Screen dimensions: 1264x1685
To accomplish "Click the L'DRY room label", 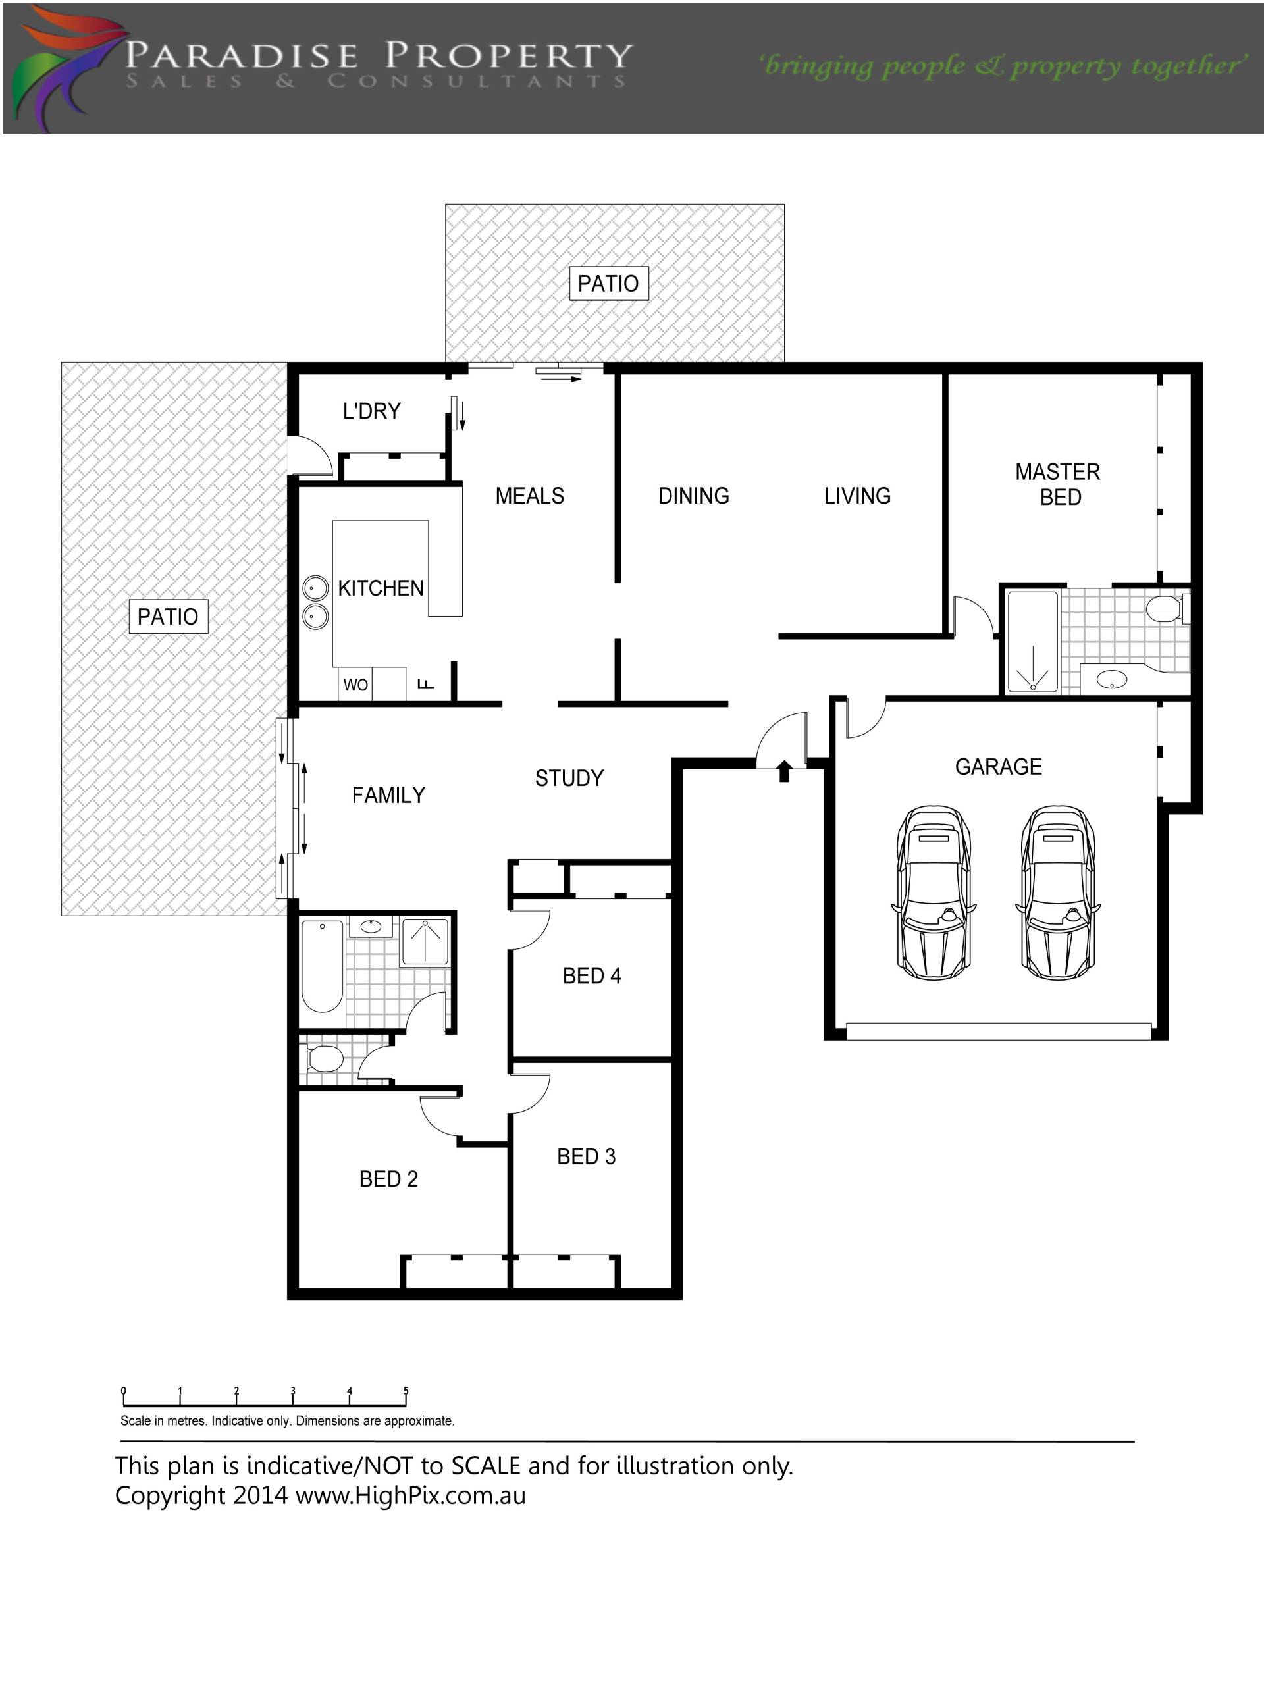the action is (372, 411).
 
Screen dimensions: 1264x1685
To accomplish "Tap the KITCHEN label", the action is (381, 588).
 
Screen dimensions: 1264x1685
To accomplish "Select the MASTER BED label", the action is (1059, 484).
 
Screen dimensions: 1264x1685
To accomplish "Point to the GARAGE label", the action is (998, 766).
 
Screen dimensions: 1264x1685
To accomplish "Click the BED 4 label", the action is (592, 976).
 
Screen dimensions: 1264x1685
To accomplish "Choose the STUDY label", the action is (569, 778).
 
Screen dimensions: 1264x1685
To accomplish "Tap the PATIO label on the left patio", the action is (168, 616).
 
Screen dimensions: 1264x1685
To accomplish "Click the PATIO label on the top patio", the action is (609, 284).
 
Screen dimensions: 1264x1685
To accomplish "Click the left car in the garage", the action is (934, 893).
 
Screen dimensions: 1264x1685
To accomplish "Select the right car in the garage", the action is (1059, 893).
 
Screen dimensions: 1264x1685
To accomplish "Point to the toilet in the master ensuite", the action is (1167, 609).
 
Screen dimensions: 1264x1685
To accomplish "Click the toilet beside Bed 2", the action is (325, 1058).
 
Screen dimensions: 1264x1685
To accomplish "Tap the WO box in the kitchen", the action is (355, 684).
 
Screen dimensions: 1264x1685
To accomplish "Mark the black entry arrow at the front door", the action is (784, 771).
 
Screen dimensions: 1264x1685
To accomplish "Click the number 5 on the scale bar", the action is (406, 1390).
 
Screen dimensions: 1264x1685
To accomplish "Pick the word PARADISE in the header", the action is (242, 55).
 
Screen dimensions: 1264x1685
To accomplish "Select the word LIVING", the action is (857, 496).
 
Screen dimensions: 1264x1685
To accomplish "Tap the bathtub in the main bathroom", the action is (323, 965).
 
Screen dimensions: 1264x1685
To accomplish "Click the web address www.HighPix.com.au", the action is (411, 1495).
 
